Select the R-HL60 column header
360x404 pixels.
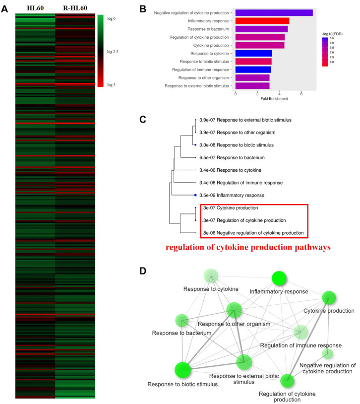coord(75,8)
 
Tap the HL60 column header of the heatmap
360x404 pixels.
coord(35,8)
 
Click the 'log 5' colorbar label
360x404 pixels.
coord(112,85)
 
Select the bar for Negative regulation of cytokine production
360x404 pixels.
coord(274,12)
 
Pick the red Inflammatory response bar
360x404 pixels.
coord(262,21)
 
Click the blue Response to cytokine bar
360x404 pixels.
coord(253,53)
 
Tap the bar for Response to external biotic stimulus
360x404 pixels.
coord(252,86)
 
